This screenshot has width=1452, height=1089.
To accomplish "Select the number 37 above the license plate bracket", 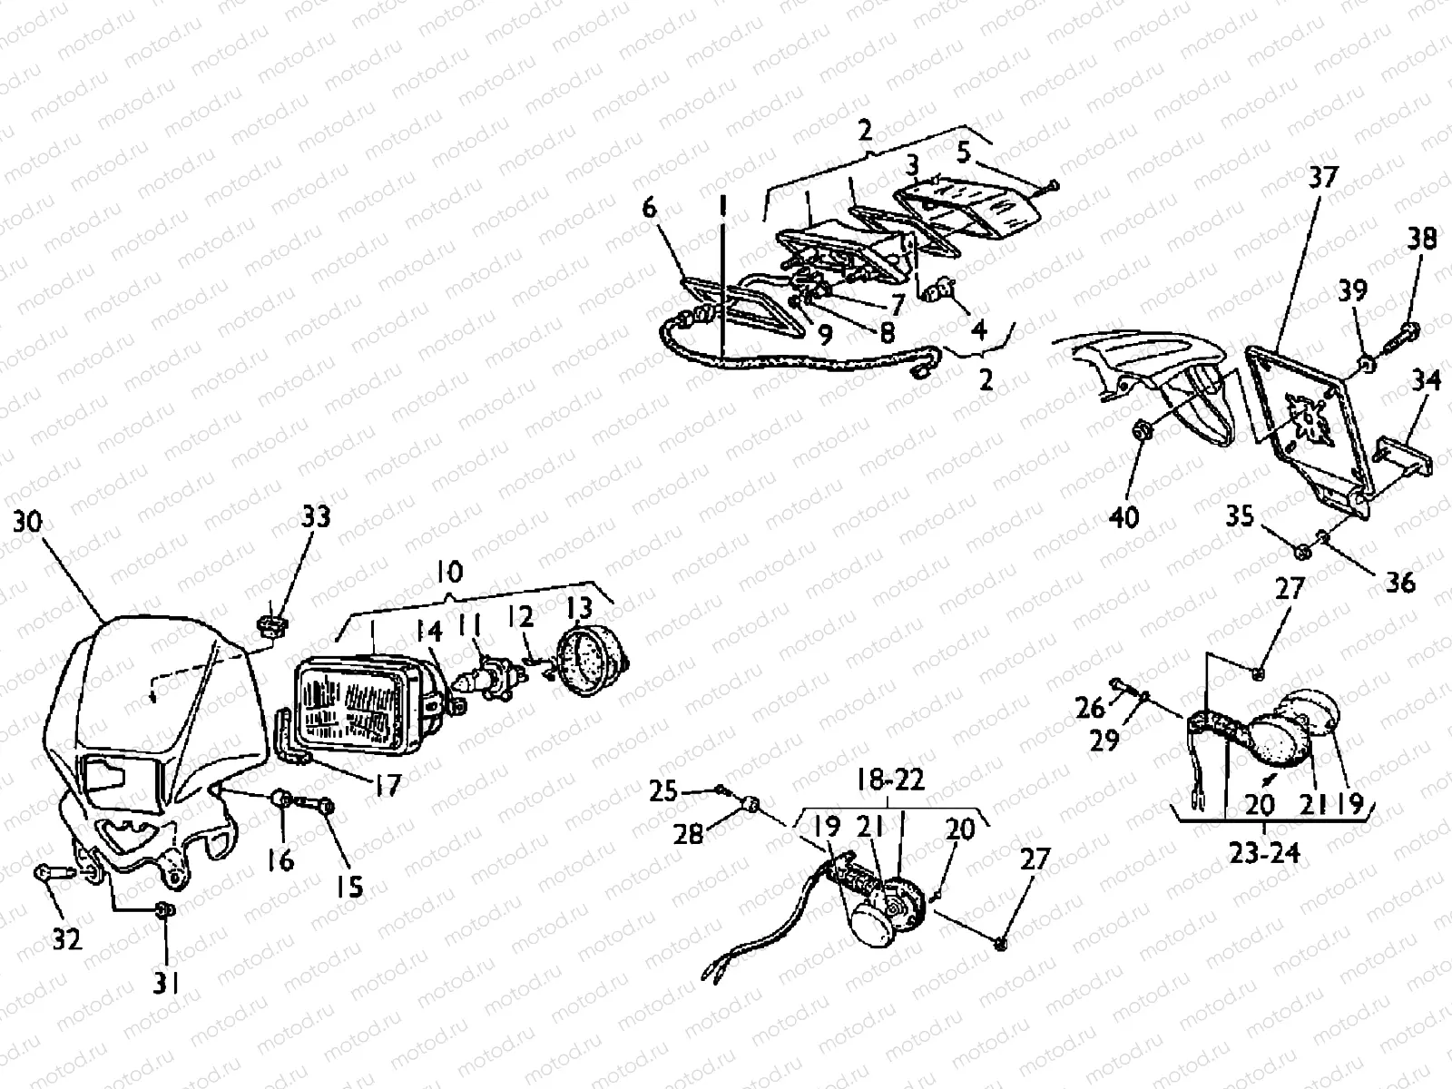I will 1322,178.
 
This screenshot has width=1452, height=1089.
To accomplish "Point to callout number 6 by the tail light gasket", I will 650,209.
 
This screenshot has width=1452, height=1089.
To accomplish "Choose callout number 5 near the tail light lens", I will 964,152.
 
